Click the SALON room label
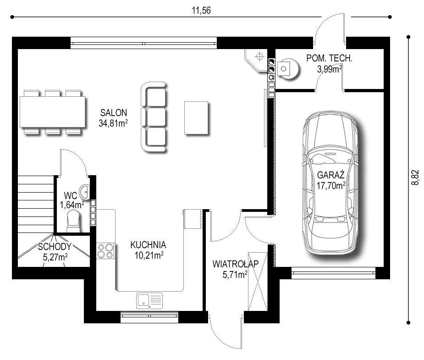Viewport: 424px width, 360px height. (x=114, y=112)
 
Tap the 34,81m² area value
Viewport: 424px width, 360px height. (x=113, y=123)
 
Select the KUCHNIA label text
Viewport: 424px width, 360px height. (x=148, y=245)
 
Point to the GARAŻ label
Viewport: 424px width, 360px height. (x=330, y=175)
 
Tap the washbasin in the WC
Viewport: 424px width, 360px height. (x=85, y=192)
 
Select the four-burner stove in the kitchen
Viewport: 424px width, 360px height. (x=105, y=251)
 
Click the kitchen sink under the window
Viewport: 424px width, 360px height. (x=149, y=300)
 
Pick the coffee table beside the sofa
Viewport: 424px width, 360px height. (x=196, y=118)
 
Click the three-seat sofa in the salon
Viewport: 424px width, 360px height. (x=153, y=117)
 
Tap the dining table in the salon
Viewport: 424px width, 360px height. (x=52, y=112)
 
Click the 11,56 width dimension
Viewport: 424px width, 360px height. (x=201, y=11)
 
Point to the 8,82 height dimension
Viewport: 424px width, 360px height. (x=415, y=177)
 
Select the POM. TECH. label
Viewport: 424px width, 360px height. (x=330, y=58)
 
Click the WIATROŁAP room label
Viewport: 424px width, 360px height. (x=236, y=264)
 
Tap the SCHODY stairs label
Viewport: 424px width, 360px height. (x=55, y=246)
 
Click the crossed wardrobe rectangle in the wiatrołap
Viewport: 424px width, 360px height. (x=258, y=282)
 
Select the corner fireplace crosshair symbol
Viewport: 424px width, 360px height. (x=259, y=57)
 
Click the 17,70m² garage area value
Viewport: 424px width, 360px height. (x=331, y=186)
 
